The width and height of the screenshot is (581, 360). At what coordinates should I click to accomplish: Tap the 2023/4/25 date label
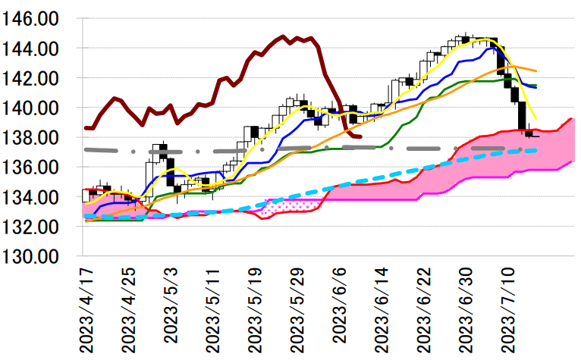coord(127,308)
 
